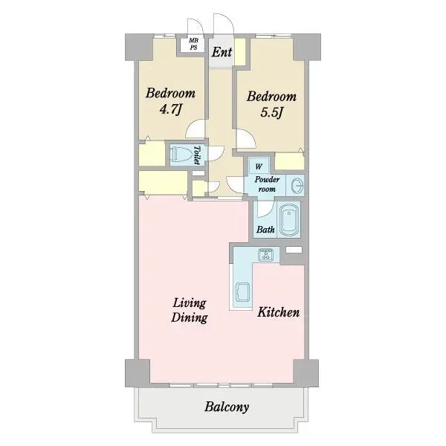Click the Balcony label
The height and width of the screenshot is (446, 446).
pos(227,407)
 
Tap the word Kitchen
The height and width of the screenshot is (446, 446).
pos(278,312)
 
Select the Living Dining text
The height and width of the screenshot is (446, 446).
pos(190,310)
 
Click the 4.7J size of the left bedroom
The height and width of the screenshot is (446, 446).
pos(170,110)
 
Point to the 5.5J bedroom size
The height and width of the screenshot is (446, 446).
pos(271,113)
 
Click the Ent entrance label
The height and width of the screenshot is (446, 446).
pos(222,52)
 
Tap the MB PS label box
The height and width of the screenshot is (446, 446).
pos(194,44)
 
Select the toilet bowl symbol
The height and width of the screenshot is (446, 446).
pos(180,155)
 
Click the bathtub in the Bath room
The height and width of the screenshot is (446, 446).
pos(289,220)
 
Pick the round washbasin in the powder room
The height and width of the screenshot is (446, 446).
pos(297,186)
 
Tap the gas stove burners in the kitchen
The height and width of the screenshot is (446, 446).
pos(265,254)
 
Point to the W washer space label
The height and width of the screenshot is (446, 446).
pos(259,167)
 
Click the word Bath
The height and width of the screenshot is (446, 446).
pos(265,230)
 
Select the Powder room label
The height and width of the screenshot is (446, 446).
pos(267,184)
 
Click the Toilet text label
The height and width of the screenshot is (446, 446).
pos(196,155)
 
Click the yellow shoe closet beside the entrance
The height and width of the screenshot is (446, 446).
pos(240,51)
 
